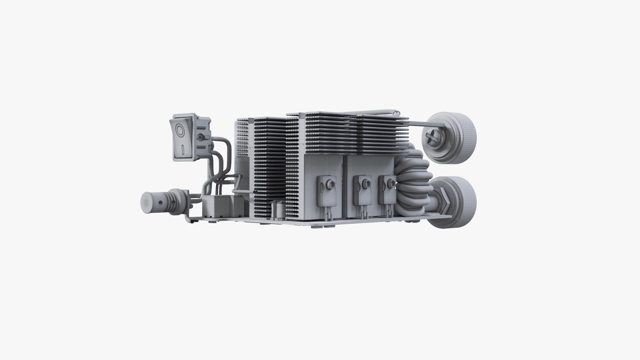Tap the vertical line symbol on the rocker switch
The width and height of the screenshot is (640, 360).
click(x=183, y=150)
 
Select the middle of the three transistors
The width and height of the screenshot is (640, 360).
click(x=362, y=190)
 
